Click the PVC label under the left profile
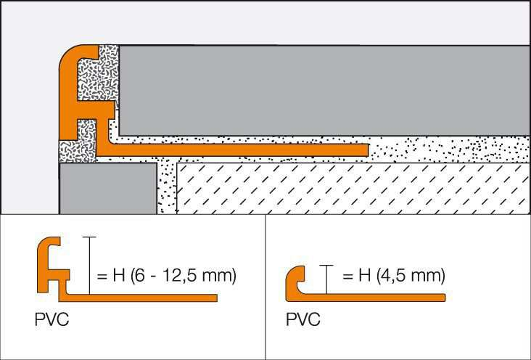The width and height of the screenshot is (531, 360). (x=52, y=319)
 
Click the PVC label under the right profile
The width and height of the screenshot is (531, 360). (x=302, y=319)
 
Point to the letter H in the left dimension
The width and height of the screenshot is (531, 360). (x=118, y=276)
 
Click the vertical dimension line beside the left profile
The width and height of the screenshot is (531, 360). (x=88, y=266)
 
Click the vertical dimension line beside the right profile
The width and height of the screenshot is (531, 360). (x=329, y=279)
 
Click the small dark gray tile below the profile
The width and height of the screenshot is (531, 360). (x=107, y=189)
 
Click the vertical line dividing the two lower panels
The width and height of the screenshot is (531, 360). (x=265, y=287)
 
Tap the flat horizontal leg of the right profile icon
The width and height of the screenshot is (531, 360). (x=377, y=297)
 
